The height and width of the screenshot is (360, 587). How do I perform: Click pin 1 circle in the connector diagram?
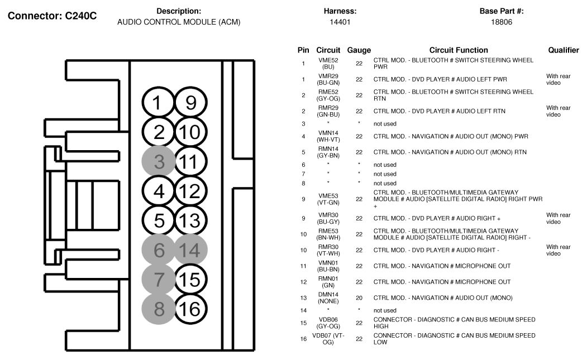click(159, 103)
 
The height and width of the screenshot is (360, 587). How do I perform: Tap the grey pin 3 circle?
click(159, 162)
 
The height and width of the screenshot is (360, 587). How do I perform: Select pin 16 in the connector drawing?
click(190, 309)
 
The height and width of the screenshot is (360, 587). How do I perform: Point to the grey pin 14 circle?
click(190, 250)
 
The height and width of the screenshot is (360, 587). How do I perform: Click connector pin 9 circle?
click(190, 103)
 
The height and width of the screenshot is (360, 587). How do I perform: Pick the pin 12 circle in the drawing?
click(190, 191)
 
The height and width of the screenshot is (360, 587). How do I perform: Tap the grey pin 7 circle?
click(159, 279)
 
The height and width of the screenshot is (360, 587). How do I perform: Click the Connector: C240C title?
click(53, 16)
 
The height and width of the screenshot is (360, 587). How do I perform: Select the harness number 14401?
click(340, 22)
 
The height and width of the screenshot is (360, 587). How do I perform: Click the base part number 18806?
click(501, 22)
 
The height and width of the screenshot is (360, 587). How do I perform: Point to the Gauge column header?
click(359, 50)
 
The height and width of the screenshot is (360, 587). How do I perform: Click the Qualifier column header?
click(563, 50)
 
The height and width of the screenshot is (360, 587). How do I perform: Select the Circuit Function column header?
click(459, 50)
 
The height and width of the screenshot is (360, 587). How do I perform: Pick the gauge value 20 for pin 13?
click(359, 297)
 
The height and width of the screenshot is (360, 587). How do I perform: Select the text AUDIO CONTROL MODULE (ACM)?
click(179, 22)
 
